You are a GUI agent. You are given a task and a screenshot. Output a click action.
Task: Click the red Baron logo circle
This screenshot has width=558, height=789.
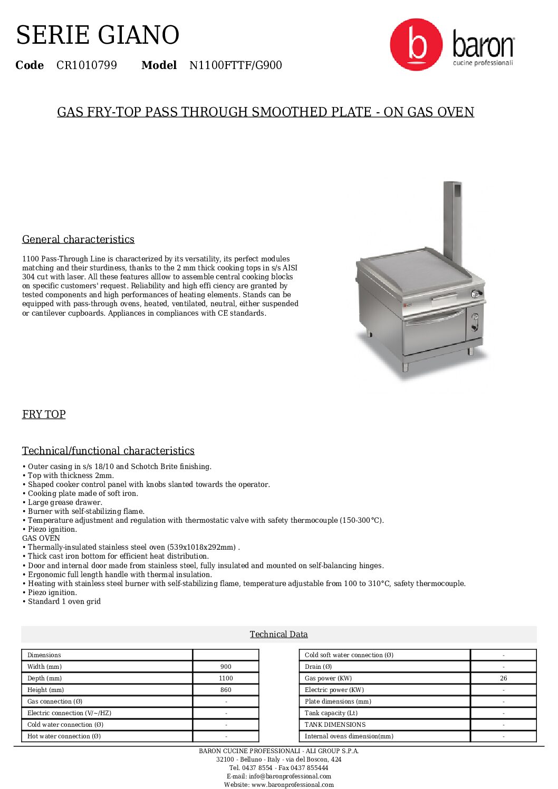tap(416, 45)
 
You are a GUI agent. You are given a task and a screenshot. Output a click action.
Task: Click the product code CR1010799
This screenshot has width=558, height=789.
tap(86, 65)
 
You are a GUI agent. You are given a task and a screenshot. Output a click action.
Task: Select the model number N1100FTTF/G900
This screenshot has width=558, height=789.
tap(235, 65)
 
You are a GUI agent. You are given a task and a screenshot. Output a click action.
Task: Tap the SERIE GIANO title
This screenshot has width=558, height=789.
tap(98, 35)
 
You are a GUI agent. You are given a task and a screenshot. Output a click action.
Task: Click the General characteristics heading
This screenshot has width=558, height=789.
tap(78, 239)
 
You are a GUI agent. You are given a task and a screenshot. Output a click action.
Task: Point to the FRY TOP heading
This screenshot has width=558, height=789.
tap(44, 414)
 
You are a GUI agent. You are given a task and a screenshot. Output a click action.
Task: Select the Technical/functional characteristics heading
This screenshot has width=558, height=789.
tap(108, 451)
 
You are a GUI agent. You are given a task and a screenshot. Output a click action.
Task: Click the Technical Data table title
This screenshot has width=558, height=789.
tap(278, 634)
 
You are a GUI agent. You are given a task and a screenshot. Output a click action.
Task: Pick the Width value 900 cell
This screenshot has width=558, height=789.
tap(226, 667)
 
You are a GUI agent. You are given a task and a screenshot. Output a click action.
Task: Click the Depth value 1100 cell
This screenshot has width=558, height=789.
tap(226, 678)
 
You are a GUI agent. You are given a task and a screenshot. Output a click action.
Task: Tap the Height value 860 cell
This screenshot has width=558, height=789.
tap(226, 690)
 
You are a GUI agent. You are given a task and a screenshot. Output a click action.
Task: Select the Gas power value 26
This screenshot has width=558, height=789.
tap(503, 678)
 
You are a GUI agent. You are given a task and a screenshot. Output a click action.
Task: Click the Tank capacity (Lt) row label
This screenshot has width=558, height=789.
tap(331, 713)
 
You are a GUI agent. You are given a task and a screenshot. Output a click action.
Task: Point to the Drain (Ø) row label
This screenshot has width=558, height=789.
tap(318, 667)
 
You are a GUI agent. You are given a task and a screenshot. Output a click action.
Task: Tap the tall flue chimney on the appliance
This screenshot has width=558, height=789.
tap(453, 221)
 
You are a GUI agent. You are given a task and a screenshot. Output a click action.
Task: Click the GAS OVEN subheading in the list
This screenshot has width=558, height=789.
tap(41, 538)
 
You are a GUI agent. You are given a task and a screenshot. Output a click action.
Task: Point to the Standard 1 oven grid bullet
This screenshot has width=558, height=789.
tap(64, 601)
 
